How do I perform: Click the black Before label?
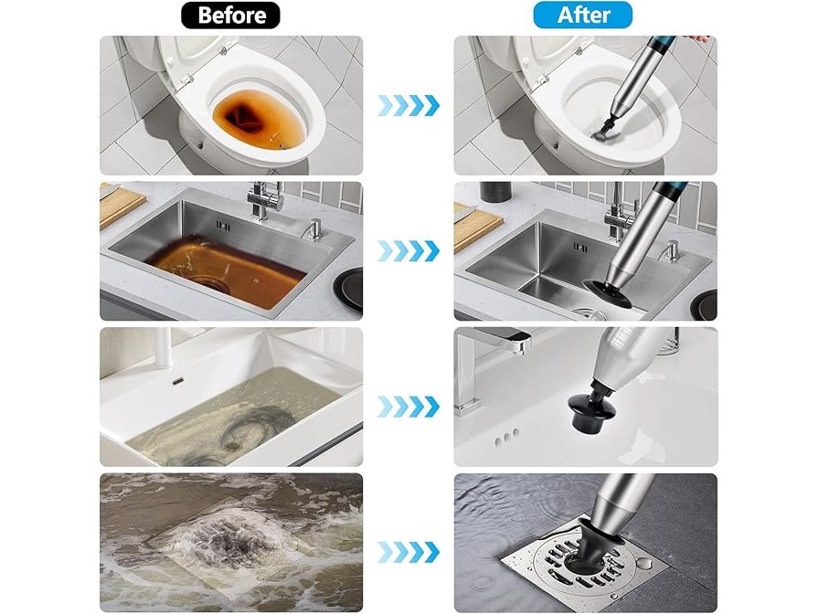click(230, 16)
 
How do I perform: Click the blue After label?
click(582, 16)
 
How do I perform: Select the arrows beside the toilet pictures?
click(409, 105)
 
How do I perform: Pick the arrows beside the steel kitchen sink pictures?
click(409, 251)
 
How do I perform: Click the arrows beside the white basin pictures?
click(409, 407)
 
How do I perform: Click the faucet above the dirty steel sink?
click(265, 201)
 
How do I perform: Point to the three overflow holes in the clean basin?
click(505, 438)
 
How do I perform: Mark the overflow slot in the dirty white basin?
click(178, 382)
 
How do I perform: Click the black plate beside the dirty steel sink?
click(349, 290)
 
